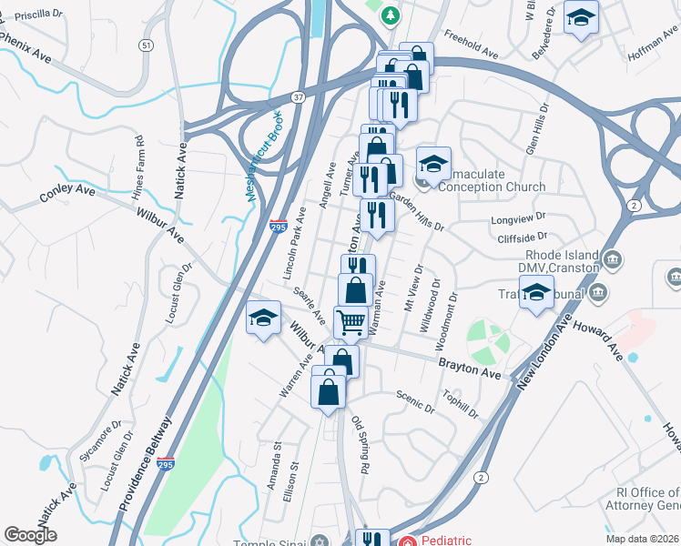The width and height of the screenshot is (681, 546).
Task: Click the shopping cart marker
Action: [351, 322]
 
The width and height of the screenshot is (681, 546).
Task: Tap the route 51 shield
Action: [147, 45]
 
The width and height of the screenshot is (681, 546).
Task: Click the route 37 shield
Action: [300, 97]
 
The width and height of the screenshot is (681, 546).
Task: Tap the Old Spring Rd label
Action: [361, 444]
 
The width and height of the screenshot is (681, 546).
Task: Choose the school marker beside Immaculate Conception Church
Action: [434, 164]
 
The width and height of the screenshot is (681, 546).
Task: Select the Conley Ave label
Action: [67, 193]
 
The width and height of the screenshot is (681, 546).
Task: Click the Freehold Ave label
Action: [471, 47]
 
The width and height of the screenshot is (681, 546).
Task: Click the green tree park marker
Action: [391, 15]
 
